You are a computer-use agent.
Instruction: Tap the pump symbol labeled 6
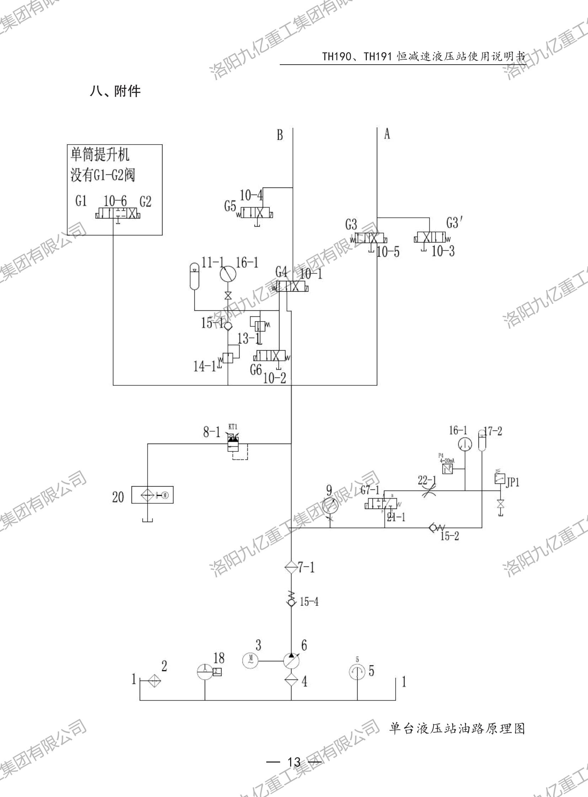(x=291, y=661)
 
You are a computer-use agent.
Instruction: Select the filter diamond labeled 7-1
(x=291, y=567)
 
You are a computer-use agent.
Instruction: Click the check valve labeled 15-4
(x=291, y=602)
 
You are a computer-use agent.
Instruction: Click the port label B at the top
(x=280, y=135)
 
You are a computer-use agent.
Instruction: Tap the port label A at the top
(x=387, y=134)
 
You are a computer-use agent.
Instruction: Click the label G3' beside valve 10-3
(x=454, y=223)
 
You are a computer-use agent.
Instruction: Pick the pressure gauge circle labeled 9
(x=330, y=505)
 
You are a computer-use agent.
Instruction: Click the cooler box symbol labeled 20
(x=153, y=495)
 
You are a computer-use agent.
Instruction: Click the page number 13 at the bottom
(x=294, y=762)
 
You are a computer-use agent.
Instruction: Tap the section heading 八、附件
(x=115, y=91)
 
